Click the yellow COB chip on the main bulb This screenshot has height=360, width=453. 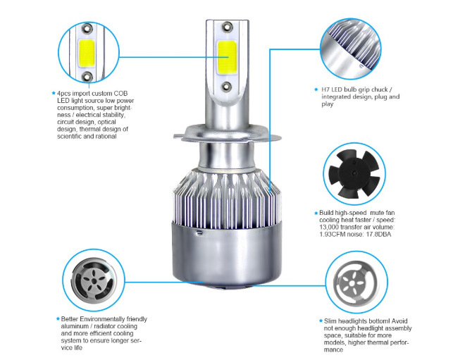227,57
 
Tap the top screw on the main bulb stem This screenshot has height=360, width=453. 227,27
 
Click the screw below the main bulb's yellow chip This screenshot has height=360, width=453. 226,86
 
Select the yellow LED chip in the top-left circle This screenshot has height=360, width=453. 87,53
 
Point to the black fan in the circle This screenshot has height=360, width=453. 354,173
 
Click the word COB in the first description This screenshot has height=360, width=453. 120,93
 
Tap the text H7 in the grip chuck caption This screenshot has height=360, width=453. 325,89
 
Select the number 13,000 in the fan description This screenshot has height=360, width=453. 329,227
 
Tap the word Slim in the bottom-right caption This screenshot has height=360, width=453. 330,321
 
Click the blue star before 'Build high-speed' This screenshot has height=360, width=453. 316,213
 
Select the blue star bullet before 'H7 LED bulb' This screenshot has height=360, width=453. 316,89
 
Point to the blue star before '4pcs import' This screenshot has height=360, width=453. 53,93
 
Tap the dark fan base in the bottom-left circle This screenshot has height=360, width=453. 94,280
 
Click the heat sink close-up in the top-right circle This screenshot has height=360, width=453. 351,49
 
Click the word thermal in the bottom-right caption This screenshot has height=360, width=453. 378,342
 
